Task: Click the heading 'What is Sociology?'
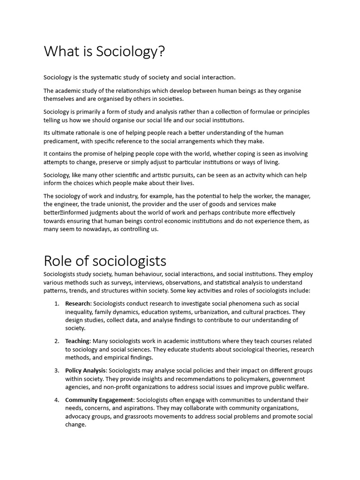tap(105, 52)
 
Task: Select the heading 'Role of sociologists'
tap(105, 260)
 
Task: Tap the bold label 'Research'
tap(78, 303)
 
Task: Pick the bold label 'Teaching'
tap(77, 341)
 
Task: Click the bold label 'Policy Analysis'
tap(86, 370)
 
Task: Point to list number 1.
tap(56, 303)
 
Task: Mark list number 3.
tap(56, 370)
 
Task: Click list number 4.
tap(56, 399)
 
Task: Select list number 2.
tap(56, 341)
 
